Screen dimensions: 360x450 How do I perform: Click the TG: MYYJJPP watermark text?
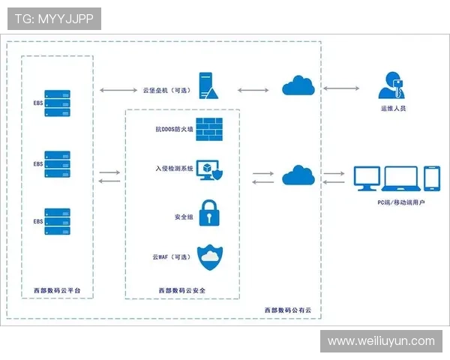point(54,19)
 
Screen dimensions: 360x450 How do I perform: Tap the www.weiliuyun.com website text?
point(381,341)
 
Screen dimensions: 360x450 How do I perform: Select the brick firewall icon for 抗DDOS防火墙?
point(210,129)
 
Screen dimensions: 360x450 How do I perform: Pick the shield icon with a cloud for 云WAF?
point(210,257)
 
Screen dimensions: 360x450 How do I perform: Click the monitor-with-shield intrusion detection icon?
point(211,172)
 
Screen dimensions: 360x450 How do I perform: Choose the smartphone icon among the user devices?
point(432,178)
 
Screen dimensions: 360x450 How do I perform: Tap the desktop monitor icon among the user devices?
point(367,178)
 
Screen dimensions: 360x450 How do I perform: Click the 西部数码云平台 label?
point(57,289)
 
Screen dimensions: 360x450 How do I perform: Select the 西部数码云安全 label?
point(181,290)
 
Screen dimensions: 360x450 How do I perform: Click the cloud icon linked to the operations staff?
point(298,87)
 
